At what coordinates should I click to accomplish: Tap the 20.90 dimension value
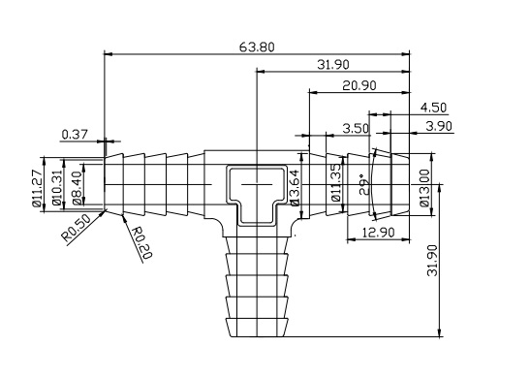(x=359, y=86)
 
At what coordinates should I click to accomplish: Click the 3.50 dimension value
(x=357, y=127)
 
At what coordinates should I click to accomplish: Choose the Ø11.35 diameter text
(x=335, y=183)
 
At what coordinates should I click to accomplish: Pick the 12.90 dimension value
(x=372, y=234)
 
